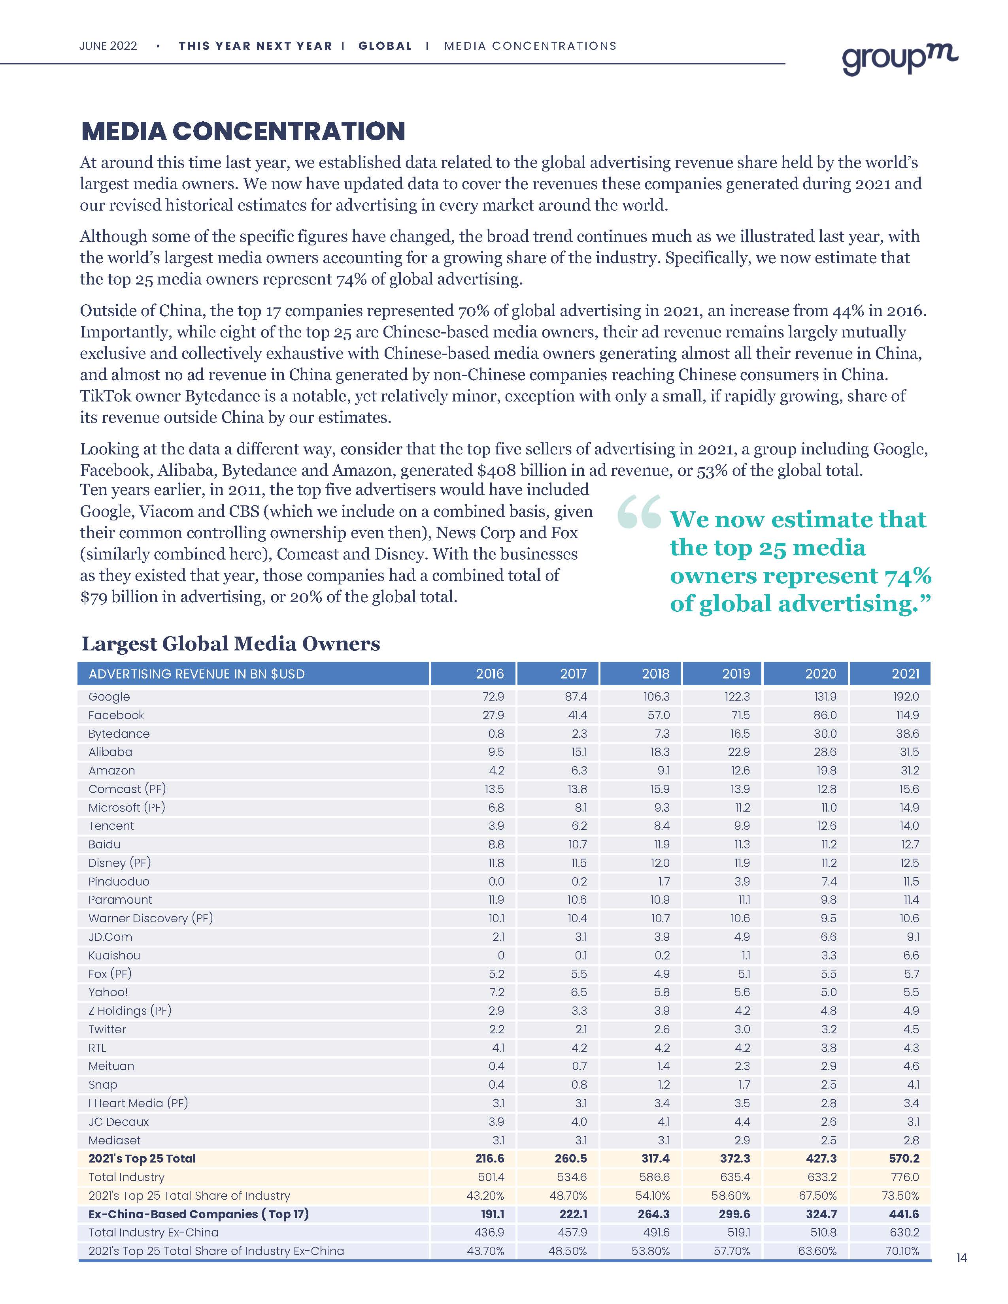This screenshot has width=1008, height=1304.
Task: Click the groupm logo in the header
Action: pyautogui.click(x=899, y=58)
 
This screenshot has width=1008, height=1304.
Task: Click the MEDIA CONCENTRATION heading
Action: pyautogui.click(x=243, y=131)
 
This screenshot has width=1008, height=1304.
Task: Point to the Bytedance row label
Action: pyautogui.click(x=119, y=734)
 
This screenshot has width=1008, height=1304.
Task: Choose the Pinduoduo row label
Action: pyautogui.click(x=119, y=881)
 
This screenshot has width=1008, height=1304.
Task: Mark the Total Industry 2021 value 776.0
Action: pyautogui.click(x=906, y=1177)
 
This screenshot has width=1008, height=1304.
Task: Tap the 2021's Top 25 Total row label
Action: pyautogui.click(x=142, y=1158)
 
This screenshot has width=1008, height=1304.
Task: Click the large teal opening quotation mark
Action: pyautogui.click(x=638, y=512)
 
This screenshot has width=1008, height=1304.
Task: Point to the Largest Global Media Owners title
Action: pyautogui.click(x=230, y=644)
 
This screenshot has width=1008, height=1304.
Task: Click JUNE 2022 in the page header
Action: pyautogui.click(x=108, y=46)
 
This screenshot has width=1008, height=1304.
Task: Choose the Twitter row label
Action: pyautogui.click(x=108, y=1029)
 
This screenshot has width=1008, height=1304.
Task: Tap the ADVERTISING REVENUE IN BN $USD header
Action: pyautogui.click(x=196, y=674)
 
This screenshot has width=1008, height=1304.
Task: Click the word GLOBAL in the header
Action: pyautogui.click(x=385, y=46)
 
